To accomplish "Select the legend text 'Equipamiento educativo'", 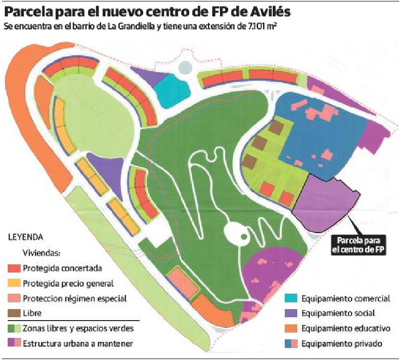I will (x=345, y=329).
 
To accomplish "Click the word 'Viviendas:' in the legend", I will (x=39, y=253).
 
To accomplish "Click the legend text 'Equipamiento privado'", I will (x=341, y=344).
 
